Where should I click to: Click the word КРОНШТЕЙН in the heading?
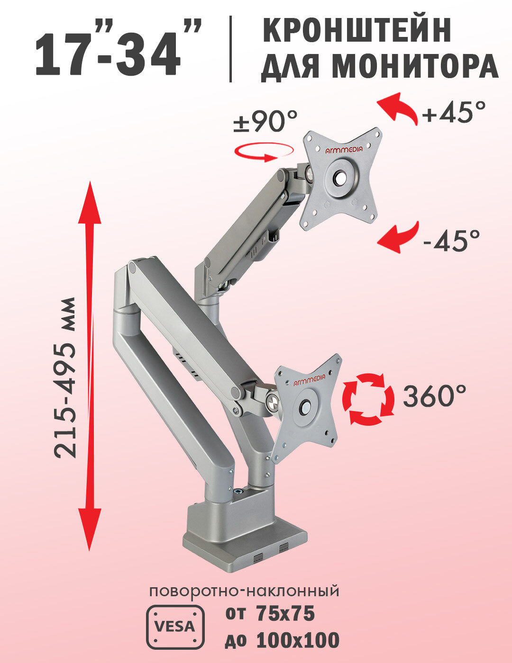coord(357,30)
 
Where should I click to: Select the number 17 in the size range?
coord(65,54)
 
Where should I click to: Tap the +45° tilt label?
coord(454,112)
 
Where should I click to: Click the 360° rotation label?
coord(434,396)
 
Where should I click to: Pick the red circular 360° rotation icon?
coord(368,399)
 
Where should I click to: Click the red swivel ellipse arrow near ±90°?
coord(265,152)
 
